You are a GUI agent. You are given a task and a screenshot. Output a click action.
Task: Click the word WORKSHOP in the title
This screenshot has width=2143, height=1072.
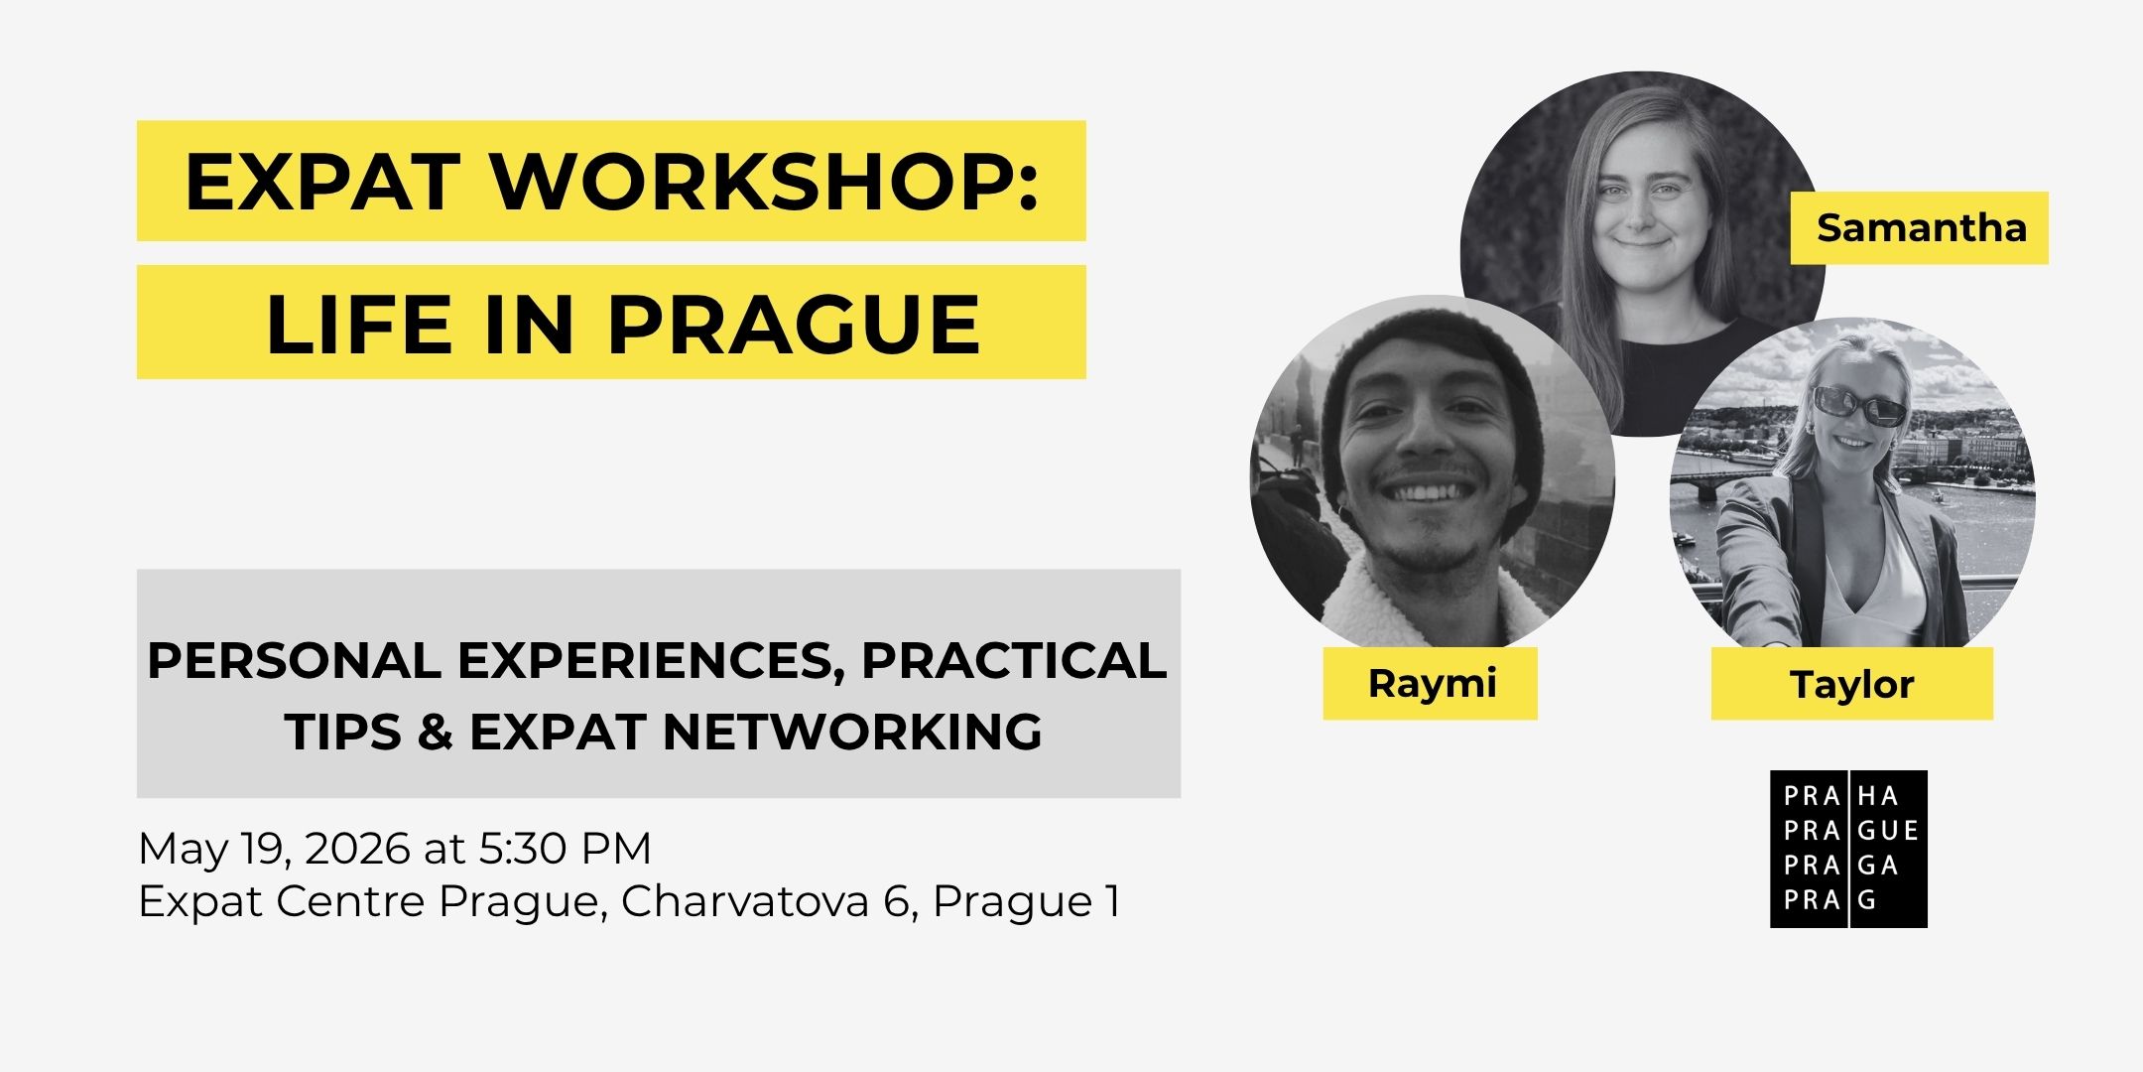pos(765,182)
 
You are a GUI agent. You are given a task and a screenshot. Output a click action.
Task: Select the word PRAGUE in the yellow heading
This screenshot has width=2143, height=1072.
pos(795,325)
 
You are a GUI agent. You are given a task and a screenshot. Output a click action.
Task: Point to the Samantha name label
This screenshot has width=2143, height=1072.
pos(1920,228)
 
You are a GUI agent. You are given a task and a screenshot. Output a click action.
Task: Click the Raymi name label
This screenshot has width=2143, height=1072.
pos(1431,683)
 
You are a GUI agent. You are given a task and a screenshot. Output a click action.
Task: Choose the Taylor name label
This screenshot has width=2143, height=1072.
pos(1851,684)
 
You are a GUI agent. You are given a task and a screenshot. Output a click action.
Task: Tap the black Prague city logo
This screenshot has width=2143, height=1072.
pos(1848,849)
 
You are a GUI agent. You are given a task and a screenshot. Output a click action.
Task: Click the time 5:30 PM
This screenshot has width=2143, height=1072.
pos(566,849)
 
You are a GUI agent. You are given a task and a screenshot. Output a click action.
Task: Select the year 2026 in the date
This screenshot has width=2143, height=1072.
pos(357,849)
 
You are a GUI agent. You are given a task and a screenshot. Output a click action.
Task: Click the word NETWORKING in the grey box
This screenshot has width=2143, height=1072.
pos(854,733)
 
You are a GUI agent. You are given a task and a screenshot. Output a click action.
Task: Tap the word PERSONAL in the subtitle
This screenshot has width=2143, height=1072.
pos(294,661)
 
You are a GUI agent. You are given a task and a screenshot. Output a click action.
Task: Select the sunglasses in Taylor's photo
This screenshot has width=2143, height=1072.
pos(1858,407)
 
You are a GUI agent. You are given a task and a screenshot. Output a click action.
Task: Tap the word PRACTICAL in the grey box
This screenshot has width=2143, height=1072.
pos(1014,661)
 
